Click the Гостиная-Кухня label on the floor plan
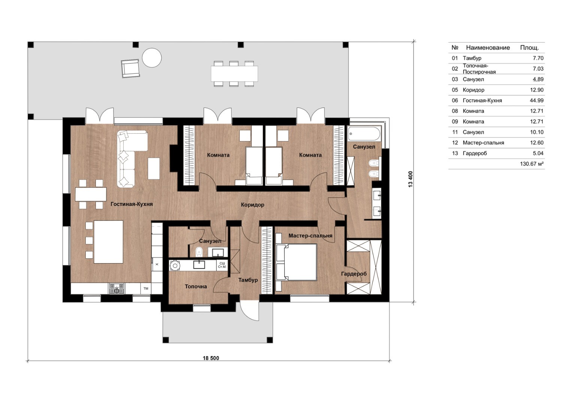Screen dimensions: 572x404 [131, 204]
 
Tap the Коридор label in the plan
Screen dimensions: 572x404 [252, 205]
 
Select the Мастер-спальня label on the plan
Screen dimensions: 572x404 [310, 236]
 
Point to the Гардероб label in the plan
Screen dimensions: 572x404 [354, 274]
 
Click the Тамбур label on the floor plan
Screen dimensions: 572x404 [248, 280]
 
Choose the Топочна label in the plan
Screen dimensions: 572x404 [196, 286]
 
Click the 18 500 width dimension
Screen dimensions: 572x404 [211, 358]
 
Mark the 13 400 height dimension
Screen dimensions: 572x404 [410, 179]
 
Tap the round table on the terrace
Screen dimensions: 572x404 [152, 58]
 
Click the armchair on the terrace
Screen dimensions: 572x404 [130, 69]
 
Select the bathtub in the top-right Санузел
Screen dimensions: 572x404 [364, 134]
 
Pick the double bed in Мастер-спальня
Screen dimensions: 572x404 [297, 262]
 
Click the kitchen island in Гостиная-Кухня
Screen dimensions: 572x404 [109, 242]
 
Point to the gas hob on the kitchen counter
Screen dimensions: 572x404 [117, 289]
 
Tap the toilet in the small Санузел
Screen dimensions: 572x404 [199, 251]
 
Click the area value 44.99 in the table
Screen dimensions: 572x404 [536, 101]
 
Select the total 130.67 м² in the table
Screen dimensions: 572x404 [532, 164]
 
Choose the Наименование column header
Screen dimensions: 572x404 [488, 48]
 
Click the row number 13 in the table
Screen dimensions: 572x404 [455, 154]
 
